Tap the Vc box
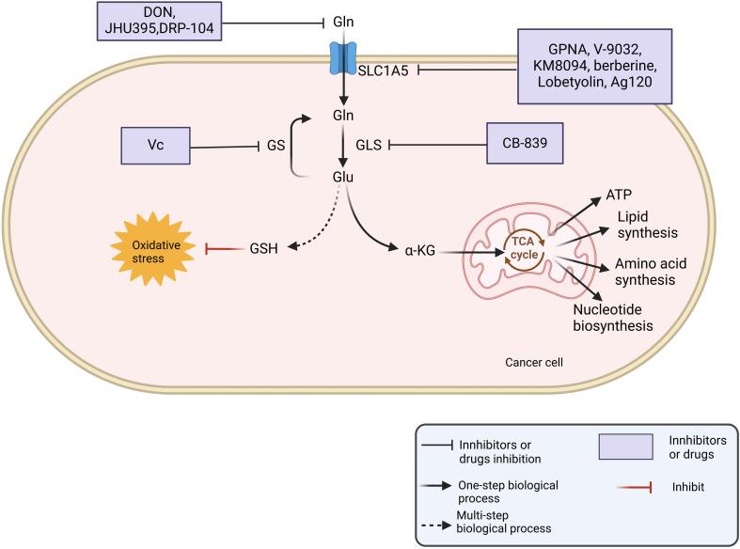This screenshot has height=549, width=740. click(155, 146)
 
